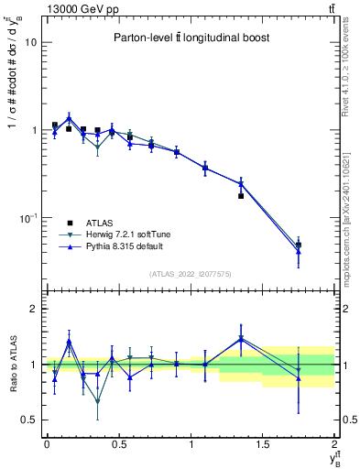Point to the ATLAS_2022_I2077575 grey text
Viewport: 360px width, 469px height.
pos(191,273)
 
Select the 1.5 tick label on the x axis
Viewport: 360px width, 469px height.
pos(263,444)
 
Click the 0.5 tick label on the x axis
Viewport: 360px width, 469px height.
pos(118,444)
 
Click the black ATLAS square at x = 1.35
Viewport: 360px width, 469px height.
pos(241,195)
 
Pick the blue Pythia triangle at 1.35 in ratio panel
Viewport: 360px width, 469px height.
pos(241,338)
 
